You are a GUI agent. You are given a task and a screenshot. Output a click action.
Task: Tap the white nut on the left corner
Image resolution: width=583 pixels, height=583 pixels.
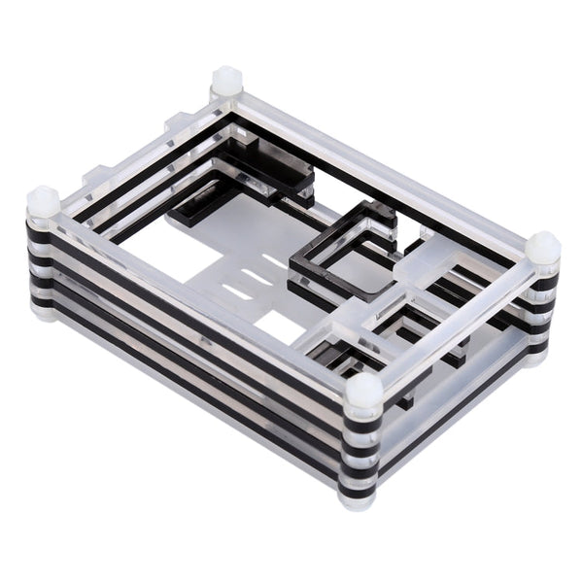point(43,203)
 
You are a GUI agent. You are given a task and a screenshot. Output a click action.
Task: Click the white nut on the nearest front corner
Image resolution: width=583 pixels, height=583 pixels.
point(363,392)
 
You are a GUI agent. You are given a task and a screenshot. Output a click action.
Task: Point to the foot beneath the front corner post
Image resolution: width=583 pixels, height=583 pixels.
point(357,499)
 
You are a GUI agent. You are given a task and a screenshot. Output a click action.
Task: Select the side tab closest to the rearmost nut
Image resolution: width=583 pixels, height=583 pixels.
point(176,123)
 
